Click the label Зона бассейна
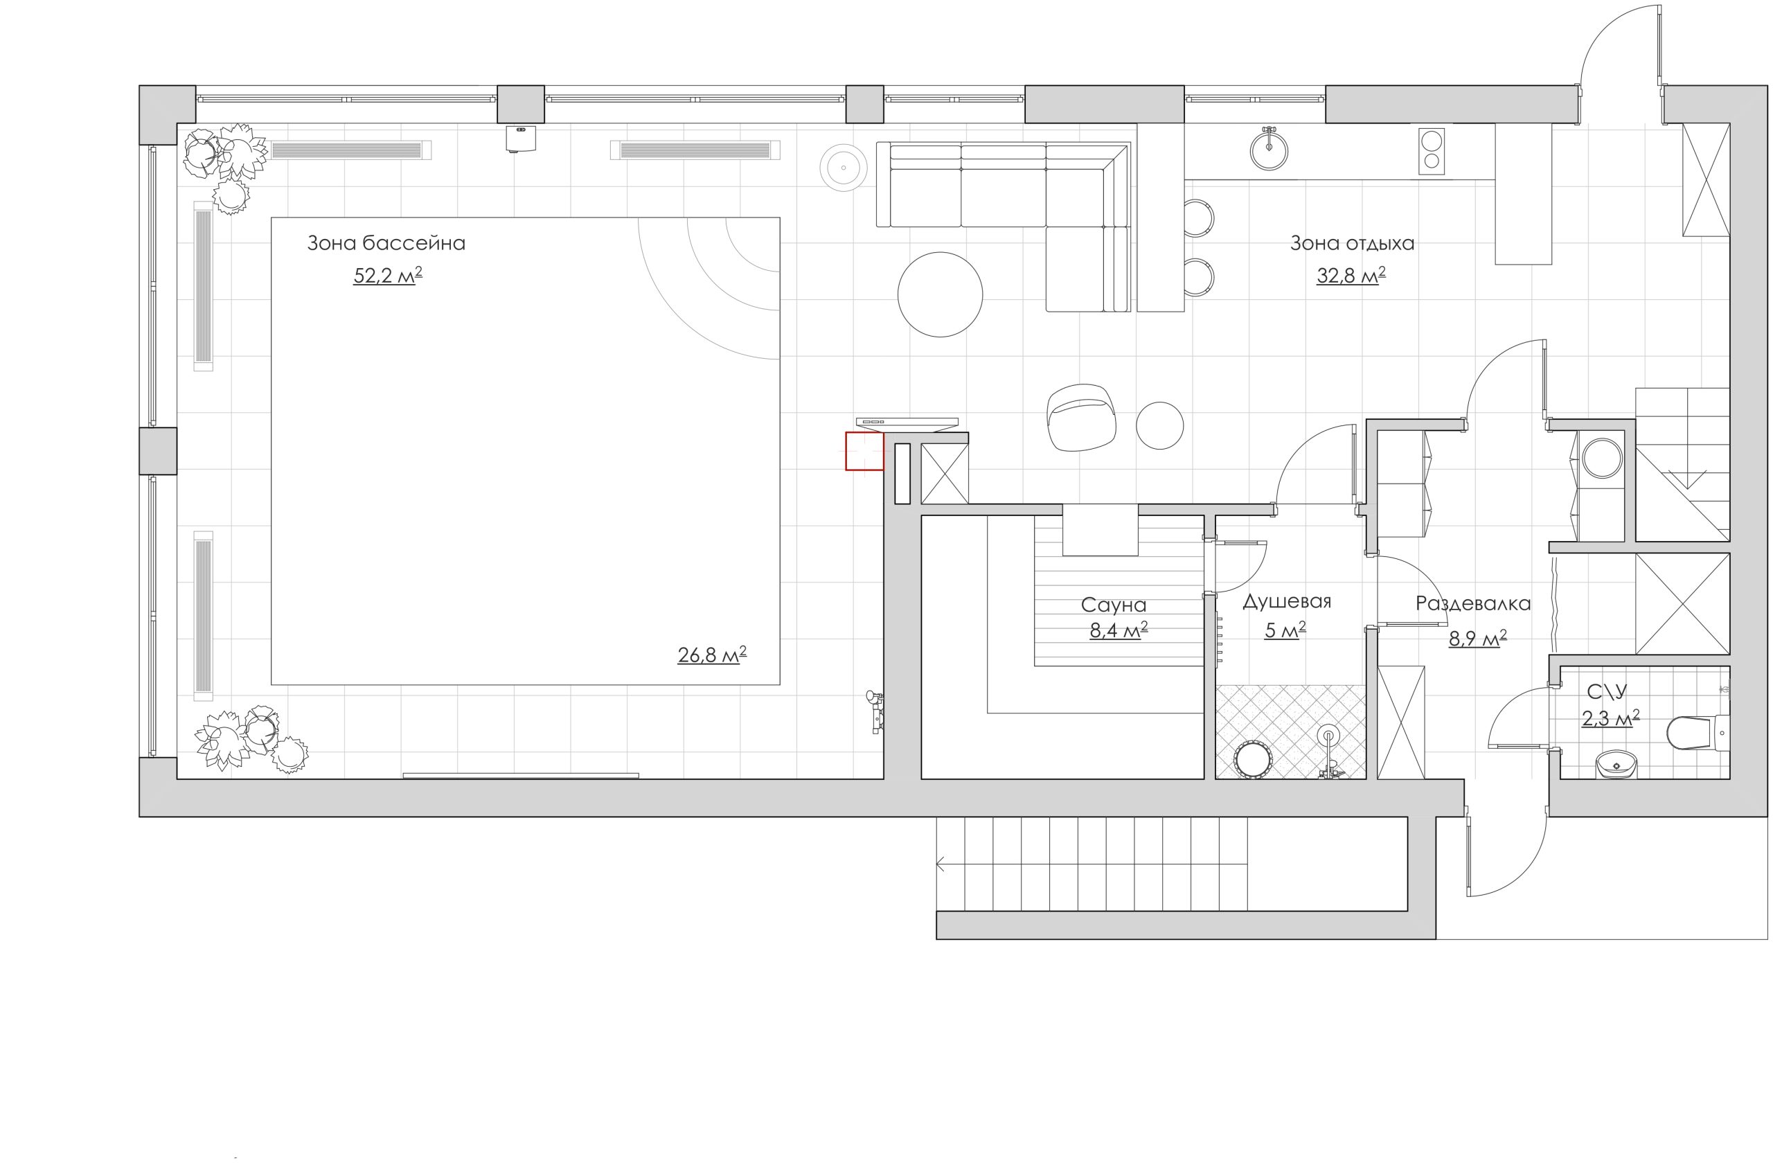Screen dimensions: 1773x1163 (x=386, y=243)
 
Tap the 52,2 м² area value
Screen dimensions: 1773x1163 (x=387, y=276)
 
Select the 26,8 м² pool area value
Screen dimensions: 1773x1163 (x=711, y=654)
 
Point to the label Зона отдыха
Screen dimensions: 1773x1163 (x=1352, y=243)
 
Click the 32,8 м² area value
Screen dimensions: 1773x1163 (x=1351, y=276)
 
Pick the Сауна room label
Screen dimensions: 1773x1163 (x=1114, y=605)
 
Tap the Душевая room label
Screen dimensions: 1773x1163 (x=1287, y=601)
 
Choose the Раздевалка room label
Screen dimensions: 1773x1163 (x=1473, y=603)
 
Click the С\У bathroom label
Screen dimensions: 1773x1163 (x=1607, y=692)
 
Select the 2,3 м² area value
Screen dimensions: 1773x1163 (x=1611, y=719)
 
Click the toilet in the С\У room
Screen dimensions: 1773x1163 (x=1698, y=733)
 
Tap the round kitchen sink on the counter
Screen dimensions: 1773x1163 (x=1269, y=149)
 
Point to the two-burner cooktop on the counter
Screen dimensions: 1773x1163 (x=1431, y=151)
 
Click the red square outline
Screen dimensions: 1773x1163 (x=864, y=452)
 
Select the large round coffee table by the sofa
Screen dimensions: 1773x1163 (x=940, y=294)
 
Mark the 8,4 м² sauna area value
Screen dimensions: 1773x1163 (x=1119, y=630)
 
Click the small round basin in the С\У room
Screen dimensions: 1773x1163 (x=1616, y=763)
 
